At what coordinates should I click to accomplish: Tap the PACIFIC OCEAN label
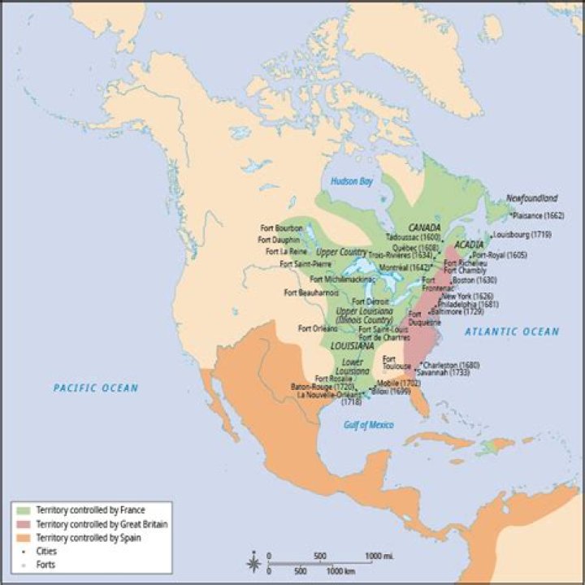click(x=96, y=388)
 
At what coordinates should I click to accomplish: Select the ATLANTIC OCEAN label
click(x=512, y=331)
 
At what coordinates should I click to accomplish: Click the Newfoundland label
click(x=532, y=198)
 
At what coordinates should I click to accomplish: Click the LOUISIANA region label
click(x=353, y=346)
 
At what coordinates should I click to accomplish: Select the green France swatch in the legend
click(x=21, y=510)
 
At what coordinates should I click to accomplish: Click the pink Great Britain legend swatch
click(x=21, y=525)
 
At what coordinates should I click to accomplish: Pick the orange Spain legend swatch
click(x=21, y=539)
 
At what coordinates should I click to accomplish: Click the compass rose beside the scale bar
click(x=254, y=562)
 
